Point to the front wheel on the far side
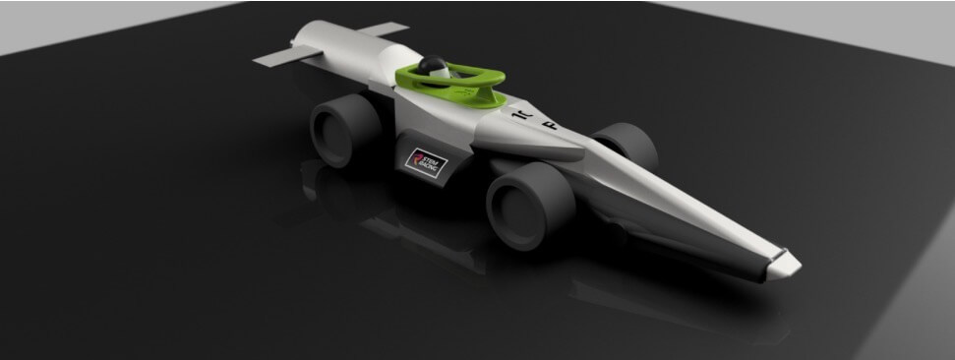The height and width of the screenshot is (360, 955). (x=627, y=146)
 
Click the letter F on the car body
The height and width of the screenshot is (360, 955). (x=549, y=125)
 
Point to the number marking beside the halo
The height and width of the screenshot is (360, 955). (x=520, y=117)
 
